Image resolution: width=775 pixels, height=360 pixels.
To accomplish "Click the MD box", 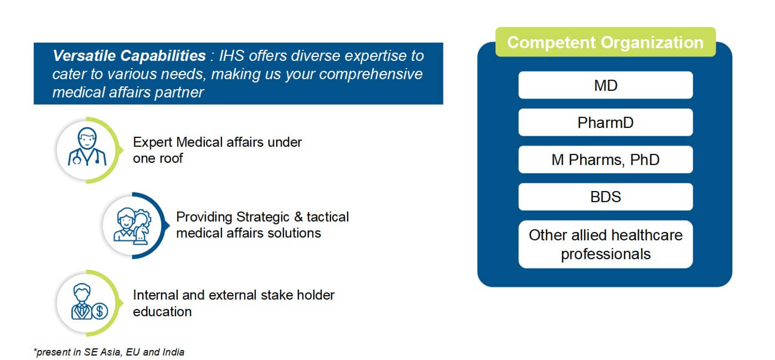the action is pyautogui.click(x=606, y=85).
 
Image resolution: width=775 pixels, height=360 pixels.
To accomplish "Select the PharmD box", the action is pyautogui.click(x=606, y=122).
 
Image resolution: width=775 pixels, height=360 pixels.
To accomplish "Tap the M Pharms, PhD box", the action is pyautogui.click(x=606, y=160).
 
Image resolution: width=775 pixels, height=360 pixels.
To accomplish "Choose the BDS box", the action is pyautogui.click(x=606, y=197).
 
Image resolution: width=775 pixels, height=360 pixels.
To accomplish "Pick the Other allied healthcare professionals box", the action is pyautogui.click(x=606, y=244).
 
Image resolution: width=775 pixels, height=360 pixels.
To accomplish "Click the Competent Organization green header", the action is pyautogui.click(x=606, y=42).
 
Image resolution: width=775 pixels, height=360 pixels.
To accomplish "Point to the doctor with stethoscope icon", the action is pyautogui.click(x=87, y=147).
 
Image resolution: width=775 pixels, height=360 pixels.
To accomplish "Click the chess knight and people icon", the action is pyautogui.click(x=132, y=226).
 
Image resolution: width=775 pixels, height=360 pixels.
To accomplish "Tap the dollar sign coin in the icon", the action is pyautogui.click(x=100, y=311).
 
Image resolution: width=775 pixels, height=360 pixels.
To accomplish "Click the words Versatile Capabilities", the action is pyautogui.click(x=129, y=56).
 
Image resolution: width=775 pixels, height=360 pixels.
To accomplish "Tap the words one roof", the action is pyautogui.click(x=158, y=158).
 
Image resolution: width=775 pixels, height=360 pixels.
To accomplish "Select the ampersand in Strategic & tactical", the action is pyautogui.click(x=298, y=217).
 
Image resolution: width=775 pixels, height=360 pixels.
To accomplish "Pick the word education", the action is pyautogui.click(x=162, y=311).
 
